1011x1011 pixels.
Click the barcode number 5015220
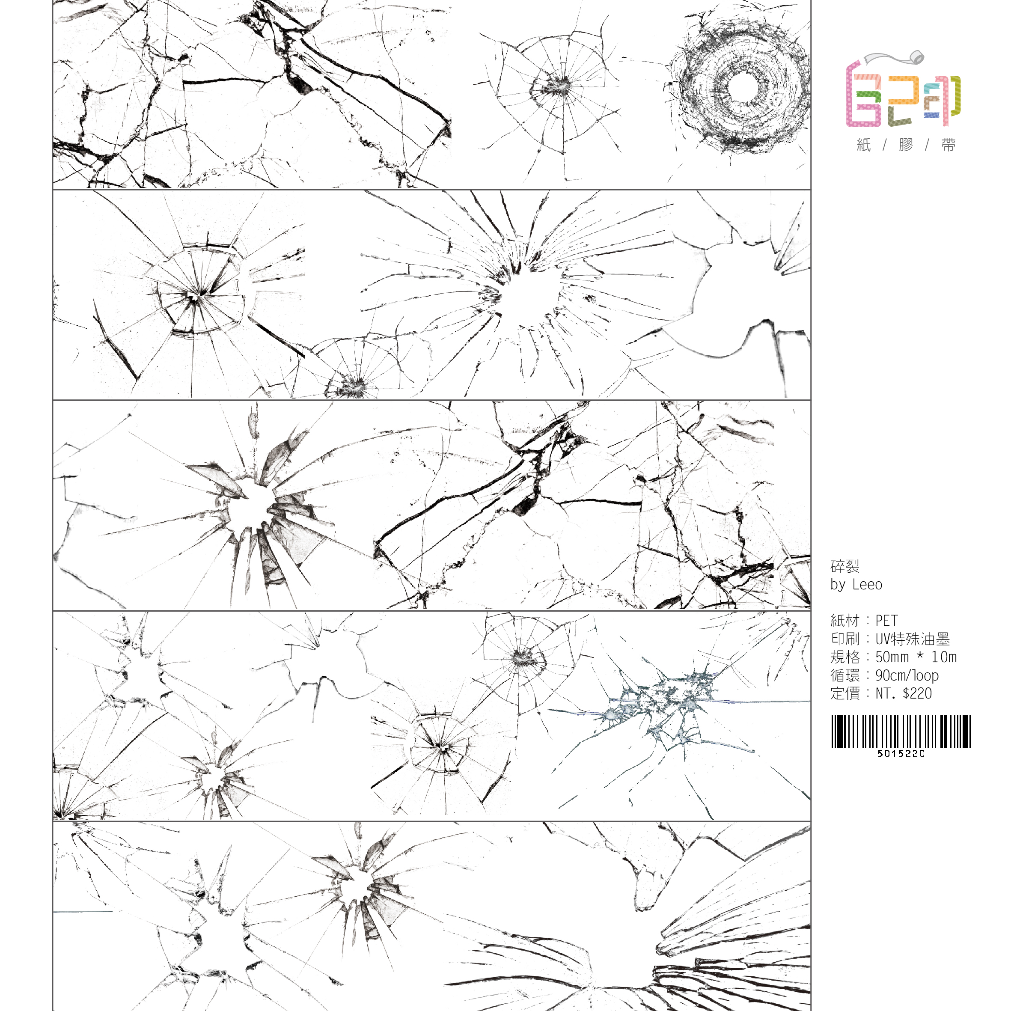pos(901,753)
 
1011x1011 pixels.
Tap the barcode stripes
pos(901,731)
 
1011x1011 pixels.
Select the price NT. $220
pos(904,693)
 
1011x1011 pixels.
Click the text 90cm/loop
pos(907,675)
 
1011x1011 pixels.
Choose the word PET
pos(886,621)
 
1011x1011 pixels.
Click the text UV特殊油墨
pos(912,639)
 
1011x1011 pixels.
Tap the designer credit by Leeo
pos(856,585)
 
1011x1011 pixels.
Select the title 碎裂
pos(844,566)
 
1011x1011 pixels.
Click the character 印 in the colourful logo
pos(942,99)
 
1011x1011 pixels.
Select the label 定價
pos(844,693)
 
